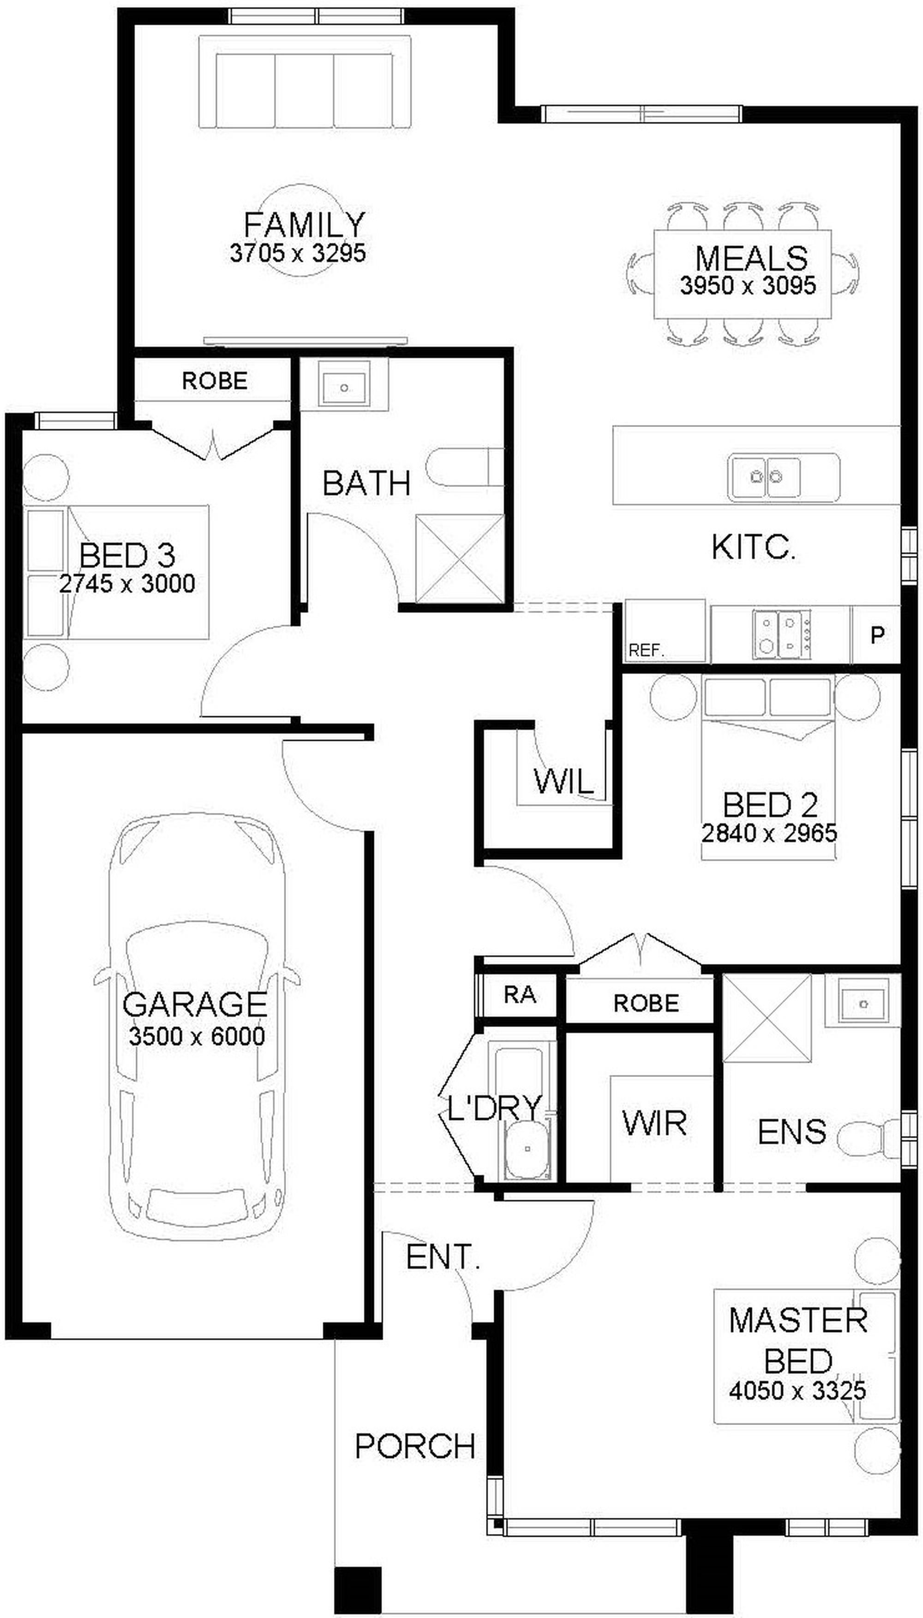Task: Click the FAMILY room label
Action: pos(304,225)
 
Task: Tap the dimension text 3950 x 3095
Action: pos(748,285)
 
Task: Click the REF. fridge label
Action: pos(647,650)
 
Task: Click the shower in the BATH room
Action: pos(460,559)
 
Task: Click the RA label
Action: pos(520,995)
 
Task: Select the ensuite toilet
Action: pos(869,1139)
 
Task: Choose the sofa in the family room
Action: pos(304,83)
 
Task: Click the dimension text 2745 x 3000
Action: pos(127,583)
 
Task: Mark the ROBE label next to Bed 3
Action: pos(214,380)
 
